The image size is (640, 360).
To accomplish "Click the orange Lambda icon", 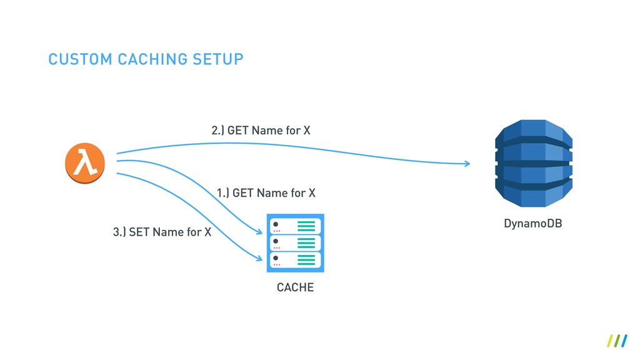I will (x=84, y=164).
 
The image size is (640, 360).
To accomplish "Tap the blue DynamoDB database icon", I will (x=533, y=164).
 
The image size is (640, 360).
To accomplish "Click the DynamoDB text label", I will (x=532, y=223).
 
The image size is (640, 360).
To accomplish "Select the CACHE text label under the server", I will (x=295, y=288).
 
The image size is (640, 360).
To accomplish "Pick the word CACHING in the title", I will (x=152, y=59).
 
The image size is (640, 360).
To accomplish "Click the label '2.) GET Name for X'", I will (x=261, y=131).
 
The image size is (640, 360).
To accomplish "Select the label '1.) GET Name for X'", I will (x=266, y=193).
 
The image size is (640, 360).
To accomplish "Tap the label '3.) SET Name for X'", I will (x=162, y=232).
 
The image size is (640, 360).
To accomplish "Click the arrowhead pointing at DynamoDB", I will (x=467, y=164).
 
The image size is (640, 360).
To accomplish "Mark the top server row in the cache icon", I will (x=294, y=226).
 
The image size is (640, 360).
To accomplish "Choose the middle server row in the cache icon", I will (x=294, y=243).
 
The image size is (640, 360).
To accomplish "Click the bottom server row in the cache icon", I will (x=294, y=260).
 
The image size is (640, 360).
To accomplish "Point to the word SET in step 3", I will (x=139, y=232).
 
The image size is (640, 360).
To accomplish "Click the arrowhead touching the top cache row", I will (x=258, y=232).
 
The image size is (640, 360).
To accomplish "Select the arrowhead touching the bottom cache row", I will (x=258, y=257).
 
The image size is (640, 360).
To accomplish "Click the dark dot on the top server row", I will (x=276, y=224).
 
